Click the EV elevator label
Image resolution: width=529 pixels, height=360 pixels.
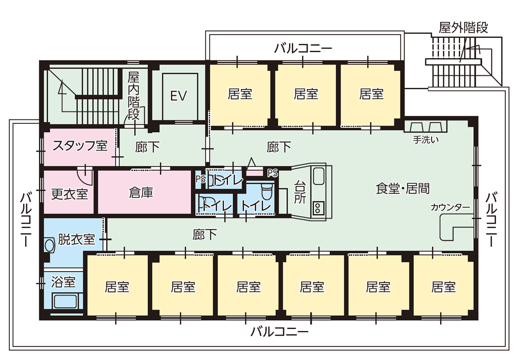[x=179, y=96]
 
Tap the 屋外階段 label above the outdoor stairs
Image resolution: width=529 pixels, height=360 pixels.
[x=463, y=28]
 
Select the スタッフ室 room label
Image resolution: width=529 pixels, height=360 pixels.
[x=79, y=146]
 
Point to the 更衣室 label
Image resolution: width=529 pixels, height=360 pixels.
[x=69, y=193]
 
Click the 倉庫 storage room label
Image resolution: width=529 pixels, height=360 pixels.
[x=141, y=193]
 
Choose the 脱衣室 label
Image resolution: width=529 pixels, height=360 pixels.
[x=76, y=239]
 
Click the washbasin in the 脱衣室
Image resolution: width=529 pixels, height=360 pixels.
[x=49, y=245]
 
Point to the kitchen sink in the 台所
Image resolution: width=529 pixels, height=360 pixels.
[x=319, y=176]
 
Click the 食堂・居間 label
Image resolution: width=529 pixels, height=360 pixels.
[x=402, y=188]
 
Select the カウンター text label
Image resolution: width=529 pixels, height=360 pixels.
[x=450, y=207]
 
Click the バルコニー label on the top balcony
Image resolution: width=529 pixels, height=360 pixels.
[x=303, y=48]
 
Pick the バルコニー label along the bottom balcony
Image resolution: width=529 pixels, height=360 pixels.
[x=279, y=332]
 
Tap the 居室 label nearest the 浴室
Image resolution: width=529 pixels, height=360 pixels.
[x=117, y=287]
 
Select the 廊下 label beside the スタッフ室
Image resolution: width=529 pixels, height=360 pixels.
[x=147, y=147]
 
